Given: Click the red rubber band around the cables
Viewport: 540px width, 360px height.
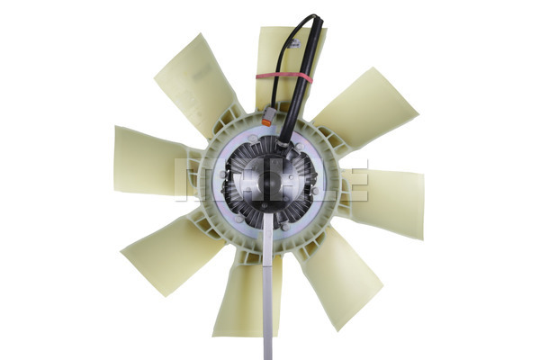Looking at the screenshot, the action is point(284,77).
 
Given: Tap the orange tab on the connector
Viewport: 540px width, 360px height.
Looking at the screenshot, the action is point(266,122).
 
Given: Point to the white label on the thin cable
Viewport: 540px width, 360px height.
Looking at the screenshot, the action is point(295,44).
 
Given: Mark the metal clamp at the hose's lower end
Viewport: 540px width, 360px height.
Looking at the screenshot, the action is point(283,141).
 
